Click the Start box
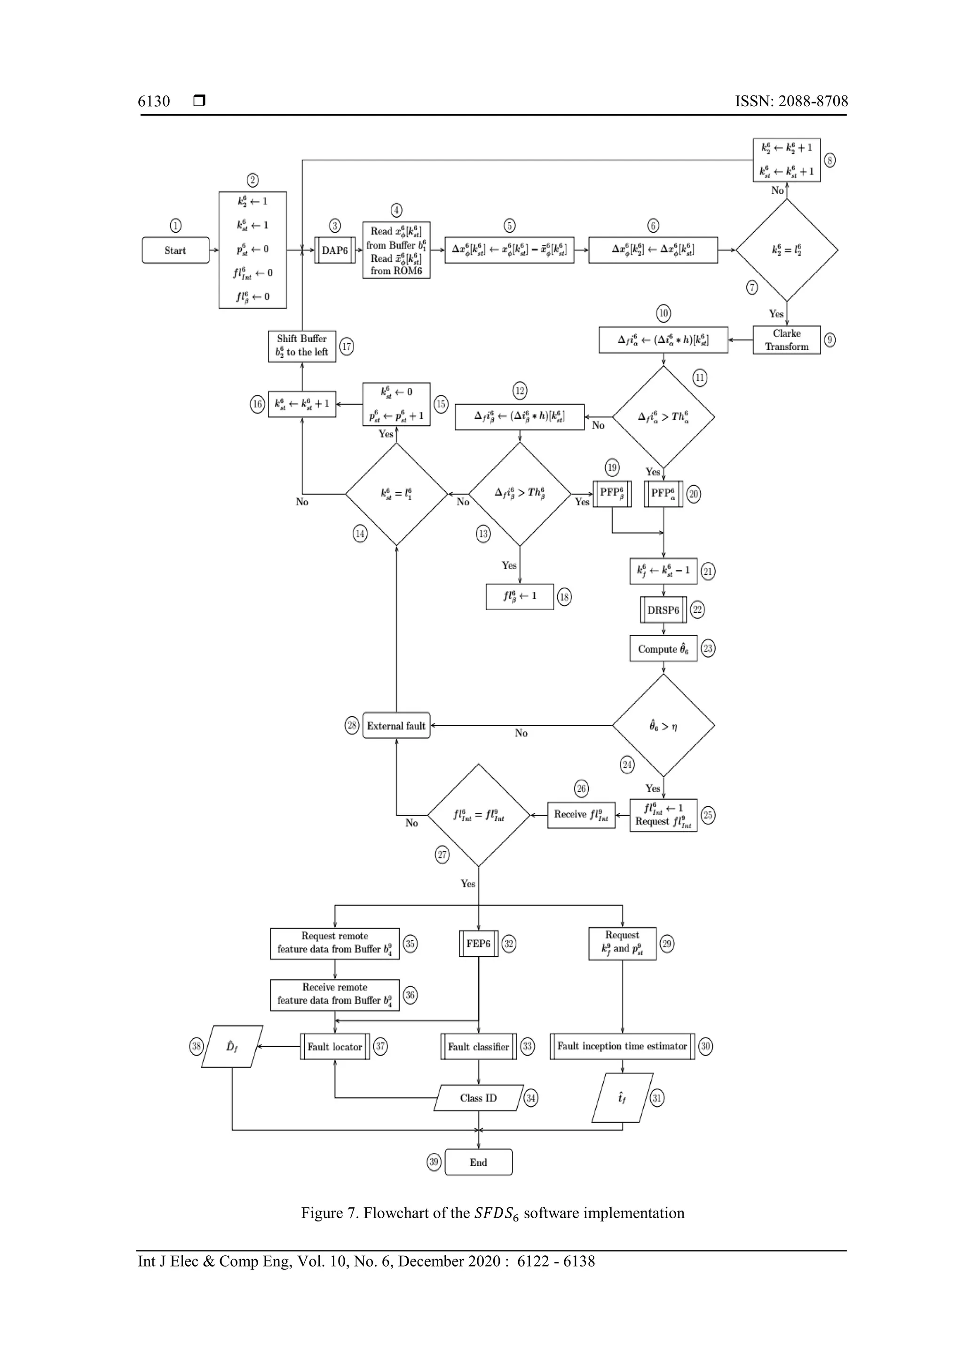pos(175,250)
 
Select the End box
pos(478,1162)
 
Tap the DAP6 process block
pos(335,250)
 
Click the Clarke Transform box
pos(786,340)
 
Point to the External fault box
pos(396,725)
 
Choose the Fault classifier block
pos(478,1047)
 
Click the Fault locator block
pos(335,1047)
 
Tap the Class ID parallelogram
pos(478,1097)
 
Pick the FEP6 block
pos(478,943)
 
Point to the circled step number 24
pos(627,764)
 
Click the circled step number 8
pos(830,160)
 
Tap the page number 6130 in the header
pos(154,102)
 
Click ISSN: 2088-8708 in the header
pos(791,102)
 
